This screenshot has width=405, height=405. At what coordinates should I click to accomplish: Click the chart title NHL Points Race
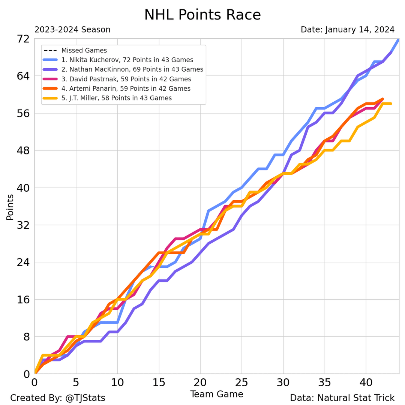[x=202, y=15]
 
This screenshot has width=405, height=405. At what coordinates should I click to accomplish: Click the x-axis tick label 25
[x=242, y=383]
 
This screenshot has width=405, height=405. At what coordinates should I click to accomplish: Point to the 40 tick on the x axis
[x=366, y=383]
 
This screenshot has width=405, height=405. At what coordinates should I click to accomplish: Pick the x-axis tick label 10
[x=117, y=383]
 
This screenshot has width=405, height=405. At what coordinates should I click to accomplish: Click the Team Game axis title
[x=217, y=394]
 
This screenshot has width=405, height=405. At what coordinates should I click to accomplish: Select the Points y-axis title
[x=10, y=207]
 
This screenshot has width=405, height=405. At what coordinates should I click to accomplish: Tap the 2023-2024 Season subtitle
[x=72, y=30]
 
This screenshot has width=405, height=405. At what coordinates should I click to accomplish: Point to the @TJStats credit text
[x=58, y=398]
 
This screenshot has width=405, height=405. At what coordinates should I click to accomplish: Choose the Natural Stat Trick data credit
[x=342, y=398]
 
